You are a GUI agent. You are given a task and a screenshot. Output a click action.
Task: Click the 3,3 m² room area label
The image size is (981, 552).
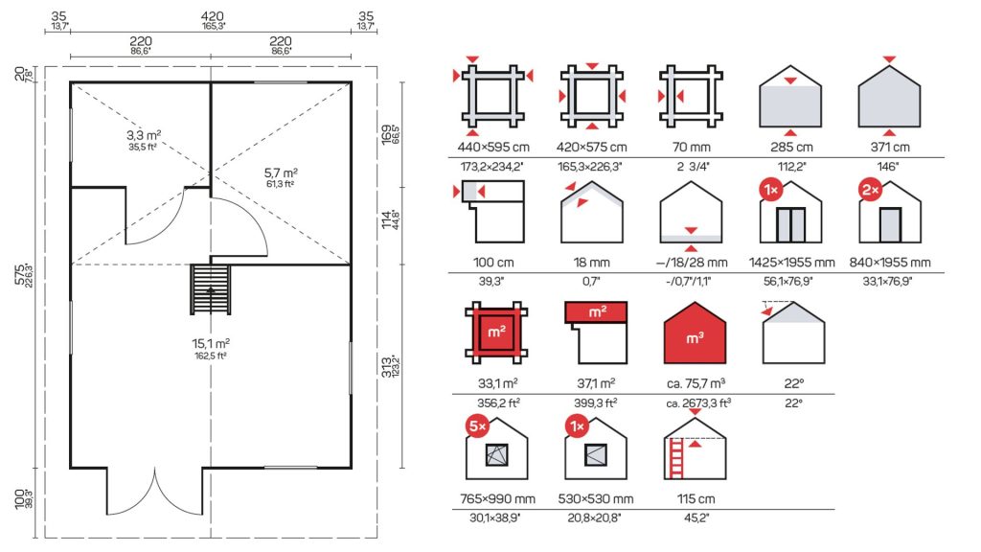coord(144,135)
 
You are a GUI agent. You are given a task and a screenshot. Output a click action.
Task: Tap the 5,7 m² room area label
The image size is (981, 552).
coord(281,172)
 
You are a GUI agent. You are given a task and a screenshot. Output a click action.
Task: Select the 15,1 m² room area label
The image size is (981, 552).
coord(211,344)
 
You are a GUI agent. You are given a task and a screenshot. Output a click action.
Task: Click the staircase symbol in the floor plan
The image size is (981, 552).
coord(211,289)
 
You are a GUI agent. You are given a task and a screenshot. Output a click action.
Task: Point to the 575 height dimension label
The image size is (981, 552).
coord(20,275)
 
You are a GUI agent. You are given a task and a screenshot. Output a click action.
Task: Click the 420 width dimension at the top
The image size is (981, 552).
coord(212,16)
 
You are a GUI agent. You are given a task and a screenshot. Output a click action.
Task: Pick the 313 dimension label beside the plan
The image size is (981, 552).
coord(387,367)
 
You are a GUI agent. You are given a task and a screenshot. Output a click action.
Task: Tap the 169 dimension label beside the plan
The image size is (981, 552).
coord(387,134)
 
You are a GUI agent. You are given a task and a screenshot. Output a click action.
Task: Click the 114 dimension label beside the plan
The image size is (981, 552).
coord(387,219)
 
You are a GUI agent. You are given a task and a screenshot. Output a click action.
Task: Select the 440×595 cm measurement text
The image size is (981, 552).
coord(493,148)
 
